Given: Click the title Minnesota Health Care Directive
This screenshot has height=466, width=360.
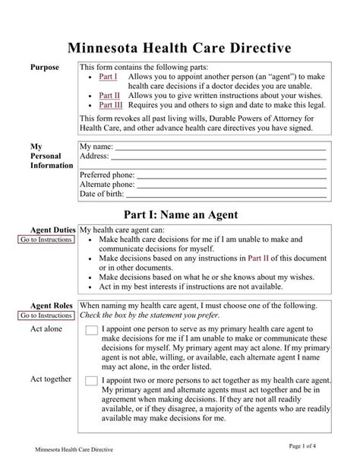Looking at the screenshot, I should tap(181, 47).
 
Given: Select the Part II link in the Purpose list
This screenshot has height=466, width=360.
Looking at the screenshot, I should tap(110, 95).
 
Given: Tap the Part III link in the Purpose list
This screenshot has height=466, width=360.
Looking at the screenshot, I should tap(112, 105).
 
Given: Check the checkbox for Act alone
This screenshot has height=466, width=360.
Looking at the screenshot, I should tap(91, 330).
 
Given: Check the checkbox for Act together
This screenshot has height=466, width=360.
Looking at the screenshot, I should tap(91, 381).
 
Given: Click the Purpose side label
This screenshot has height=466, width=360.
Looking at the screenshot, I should tap(44, 68).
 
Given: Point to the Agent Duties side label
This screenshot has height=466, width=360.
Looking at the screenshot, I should tap(52, 230).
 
